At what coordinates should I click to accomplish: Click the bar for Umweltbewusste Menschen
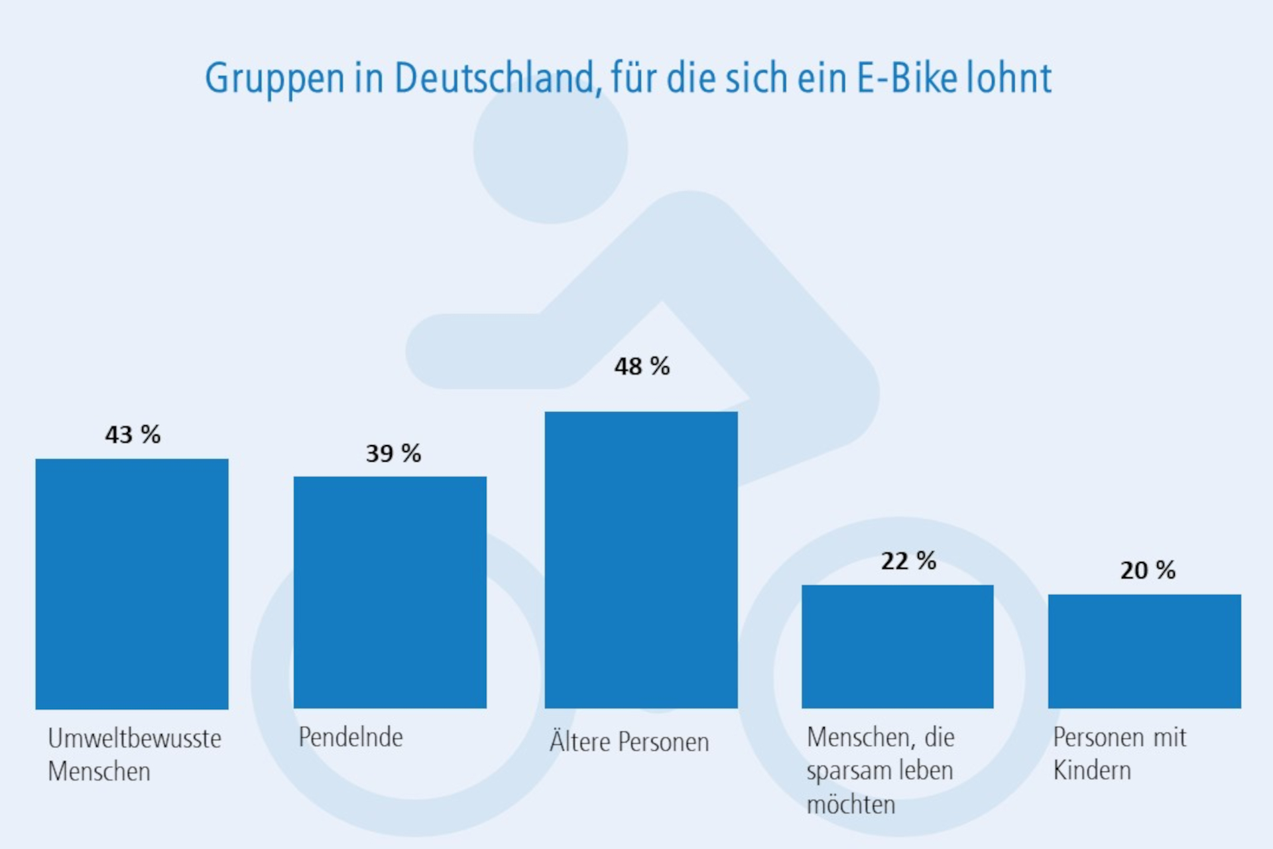click(x=132, y=584)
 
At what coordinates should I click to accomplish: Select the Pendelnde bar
click(x=390, y=592)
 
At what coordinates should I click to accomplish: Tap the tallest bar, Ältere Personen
click(x=641, y=560)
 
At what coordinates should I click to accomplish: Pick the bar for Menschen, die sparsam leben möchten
click(x=897, y=647)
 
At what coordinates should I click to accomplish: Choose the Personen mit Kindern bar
click(x=1144, y=651)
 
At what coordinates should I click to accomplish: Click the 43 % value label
click(x=133, y=435)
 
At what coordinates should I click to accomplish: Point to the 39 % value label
click(x=393, y=454)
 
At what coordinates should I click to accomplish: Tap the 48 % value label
click(x=642, y=366)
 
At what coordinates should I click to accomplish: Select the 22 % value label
click(x=908, y=561)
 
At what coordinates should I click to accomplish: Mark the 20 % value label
click(x=1148, y=570)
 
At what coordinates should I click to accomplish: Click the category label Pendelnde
click(x=350, y=738)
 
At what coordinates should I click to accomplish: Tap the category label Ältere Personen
click(x=629, y=742)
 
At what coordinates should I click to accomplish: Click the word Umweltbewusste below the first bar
click(x=135, y=738)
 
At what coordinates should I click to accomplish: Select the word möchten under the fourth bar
click(x=851, y=805)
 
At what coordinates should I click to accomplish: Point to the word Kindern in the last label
click(x=1092, y=771)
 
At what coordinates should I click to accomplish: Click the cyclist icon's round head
click(x=550, y=149)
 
